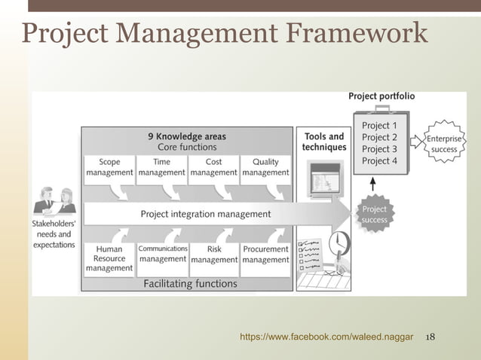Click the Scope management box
109,167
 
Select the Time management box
161,167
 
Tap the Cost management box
213,167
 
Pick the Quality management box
265,167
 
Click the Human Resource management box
109,258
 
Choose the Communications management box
162,254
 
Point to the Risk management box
213,255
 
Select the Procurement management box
265,255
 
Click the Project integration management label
205,214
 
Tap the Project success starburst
374,215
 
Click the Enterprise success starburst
444,143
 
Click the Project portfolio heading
381,96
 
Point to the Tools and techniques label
324,142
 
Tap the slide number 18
431,337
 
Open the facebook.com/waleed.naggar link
326,337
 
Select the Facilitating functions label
190,284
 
